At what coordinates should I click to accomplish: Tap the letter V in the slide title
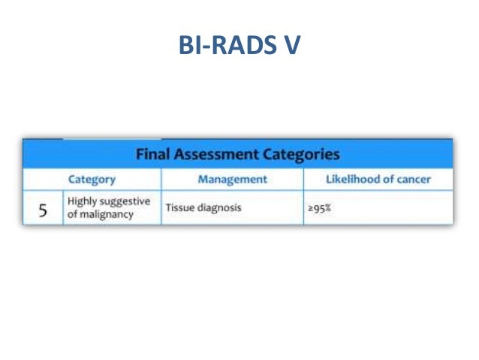coord(290,47)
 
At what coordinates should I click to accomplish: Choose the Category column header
coord(92,180)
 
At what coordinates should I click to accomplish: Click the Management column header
coord(232,180)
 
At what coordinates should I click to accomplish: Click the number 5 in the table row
coord(44,211)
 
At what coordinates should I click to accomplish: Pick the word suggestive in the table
coord(125,201)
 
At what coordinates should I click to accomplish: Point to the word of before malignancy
coord(73,215)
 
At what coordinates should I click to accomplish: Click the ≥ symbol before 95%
coord(310,208)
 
